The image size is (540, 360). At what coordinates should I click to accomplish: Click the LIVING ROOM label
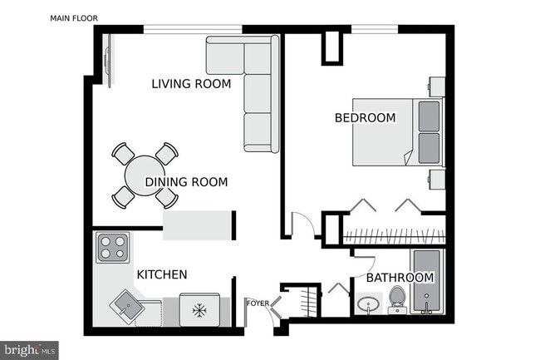click(x=190, y=83)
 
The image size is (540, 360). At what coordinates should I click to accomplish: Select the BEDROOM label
click(x=365, y=118)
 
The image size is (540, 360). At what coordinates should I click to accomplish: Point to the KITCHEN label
click(x=161, y=274)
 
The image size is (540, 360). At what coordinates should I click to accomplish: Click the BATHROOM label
click(x=400, y=277)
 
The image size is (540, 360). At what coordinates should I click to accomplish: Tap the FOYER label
click(x=258, y=303)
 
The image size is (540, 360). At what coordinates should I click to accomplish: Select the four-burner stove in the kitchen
click(x=114, y=248)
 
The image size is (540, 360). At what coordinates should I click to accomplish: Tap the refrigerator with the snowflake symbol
click(x=199, y=310)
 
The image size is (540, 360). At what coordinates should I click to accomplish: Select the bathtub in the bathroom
click(x=430, y=284)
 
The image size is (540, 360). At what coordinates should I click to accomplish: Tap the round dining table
click(x=145, y=175)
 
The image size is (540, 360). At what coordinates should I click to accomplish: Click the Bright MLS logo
click(x=29, y=350)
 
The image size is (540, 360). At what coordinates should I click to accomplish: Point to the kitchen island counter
click(x=198, y=225)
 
